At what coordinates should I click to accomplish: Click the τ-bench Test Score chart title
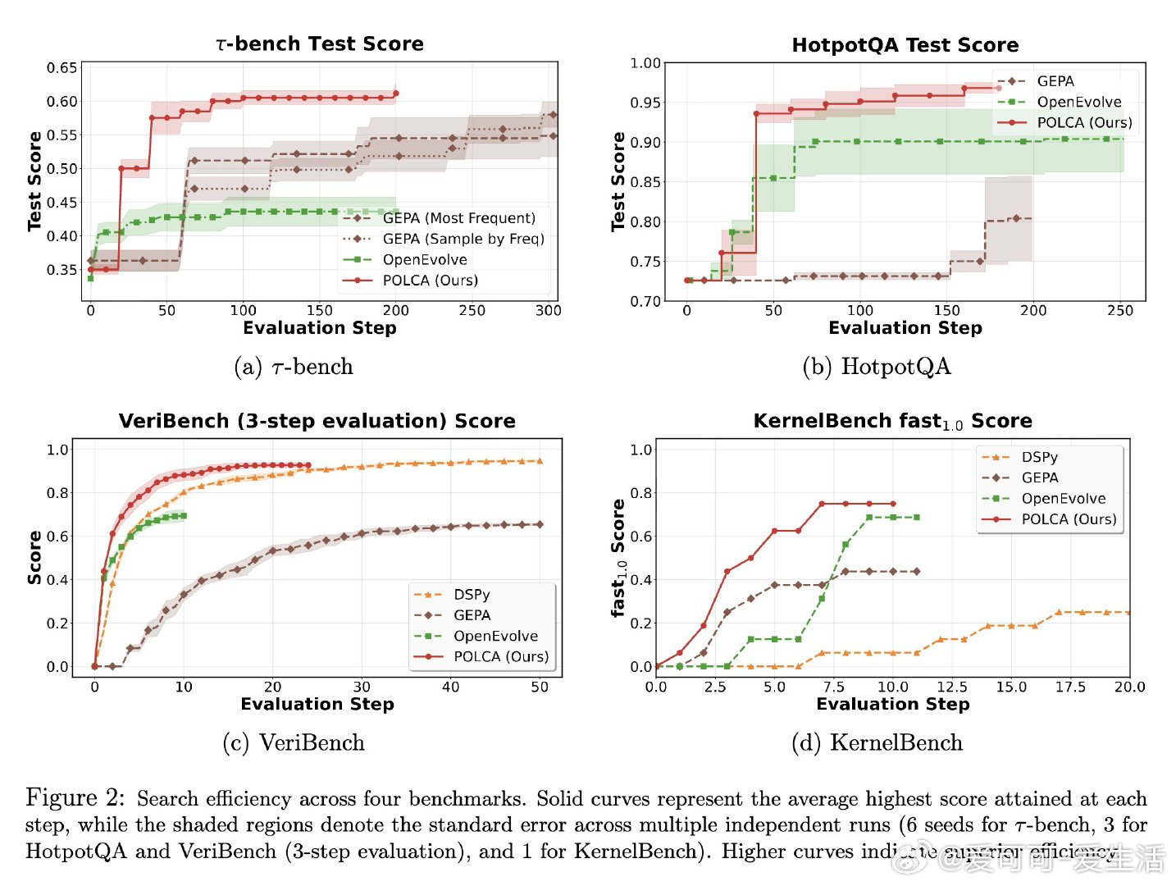coord(320,43)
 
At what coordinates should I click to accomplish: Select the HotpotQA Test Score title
coord(905,45)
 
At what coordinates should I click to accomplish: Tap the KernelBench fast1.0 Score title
coord(892,422)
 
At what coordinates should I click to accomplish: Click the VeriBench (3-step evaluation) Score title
coord(317,421)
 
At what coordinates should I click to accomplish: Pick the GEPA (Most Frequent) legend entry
coord(458,218)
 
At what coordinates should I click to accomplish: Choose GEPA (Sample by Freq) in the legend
coord(463,239)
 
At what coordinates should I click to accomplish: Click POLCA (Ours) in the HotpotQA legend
coord(1083,122)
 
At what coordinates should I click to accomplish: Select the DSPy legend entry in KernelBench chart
coord(1039,457)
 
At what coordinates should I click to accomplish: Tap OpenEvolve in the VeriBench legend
coord(495,636)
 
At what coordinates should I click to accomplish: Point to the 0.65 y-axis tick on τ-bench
coord(62,68)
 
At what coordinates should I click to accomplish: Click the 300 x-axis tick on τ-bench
coord(548,310)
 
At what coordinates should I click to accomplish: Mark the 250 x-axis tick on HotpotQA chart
coord(1119,310)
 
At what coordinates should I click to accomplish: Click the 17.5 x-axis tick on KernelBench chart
coord(1069,687)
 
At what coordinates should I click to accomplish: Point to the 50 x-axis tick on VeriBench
coord(539,687)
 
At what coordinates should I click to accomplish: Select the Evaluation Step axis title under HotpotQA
coord(905,328)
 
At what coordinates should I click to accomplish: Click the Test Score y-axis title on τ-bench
coord(34,180)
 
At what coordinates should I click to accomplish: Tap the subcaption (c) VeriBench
coord(294,742)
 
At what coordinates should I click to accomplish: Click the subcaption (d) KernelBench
coord(877,742)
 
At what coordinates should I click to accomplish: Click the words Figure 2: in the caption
coord(75,797)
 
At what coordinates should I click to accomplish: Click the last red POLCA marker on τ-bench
coord(396,94)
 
